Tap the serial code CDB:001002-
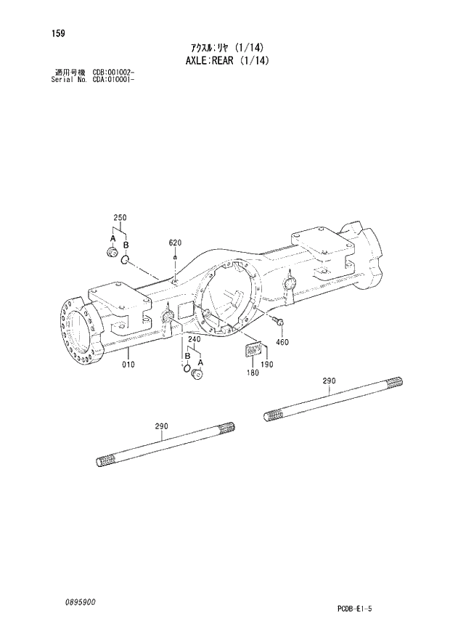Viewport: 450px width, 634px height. [113, 73]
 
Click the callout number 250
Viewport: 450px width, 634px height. [120, 218]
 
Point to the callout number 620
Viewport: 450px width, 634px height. [175, 242]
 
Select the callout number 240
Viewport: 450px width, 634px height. [194, 339]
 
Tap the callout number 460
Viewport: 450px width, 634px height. [283, 341]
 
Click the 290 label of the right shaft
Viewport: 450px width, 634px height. [329, 381]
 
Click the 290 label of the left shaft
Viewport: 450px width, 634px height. [161, 427]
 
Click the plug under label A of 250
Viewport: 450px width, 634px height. [112, 252]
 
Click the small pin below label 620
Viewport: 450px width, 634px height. [175, 257]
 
